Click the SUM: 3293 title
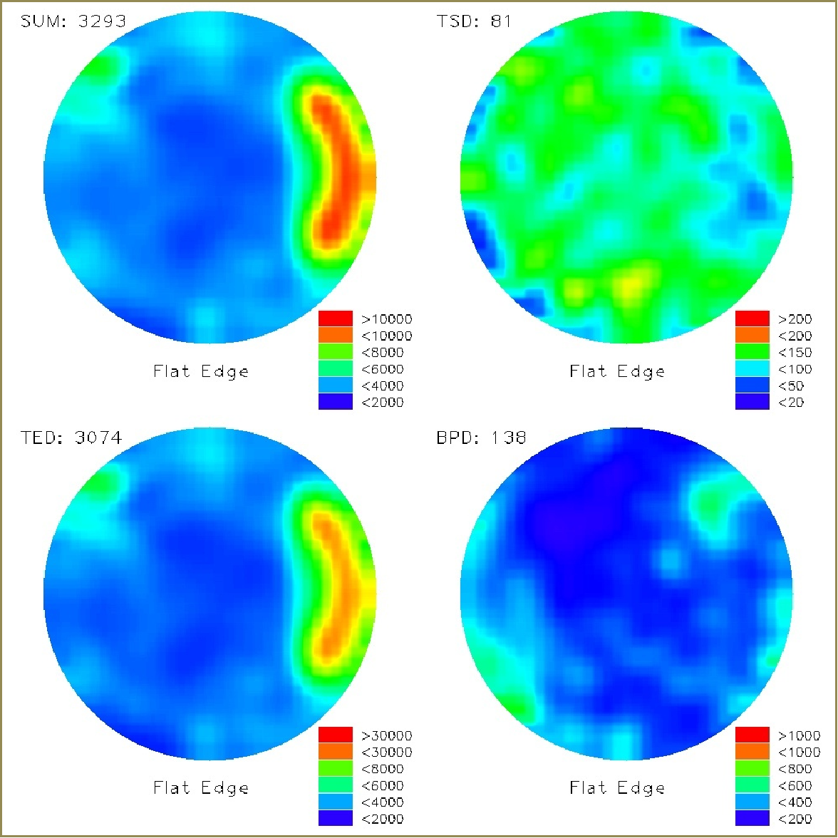73,21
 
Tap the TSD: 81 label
474,21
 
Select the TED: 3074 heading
71,438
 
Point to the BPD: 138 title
481,438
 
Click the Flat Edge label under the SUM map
201,371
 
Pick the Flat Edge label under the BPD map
617,787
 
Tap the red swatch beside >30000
336,735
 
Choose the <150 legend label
795,353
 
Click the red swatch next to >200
752,319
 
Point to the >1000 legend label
799,736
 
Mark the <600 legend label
795,786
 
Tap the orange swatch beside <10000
336,335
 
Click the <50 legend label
791,386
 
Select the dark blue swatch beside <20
752,402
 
